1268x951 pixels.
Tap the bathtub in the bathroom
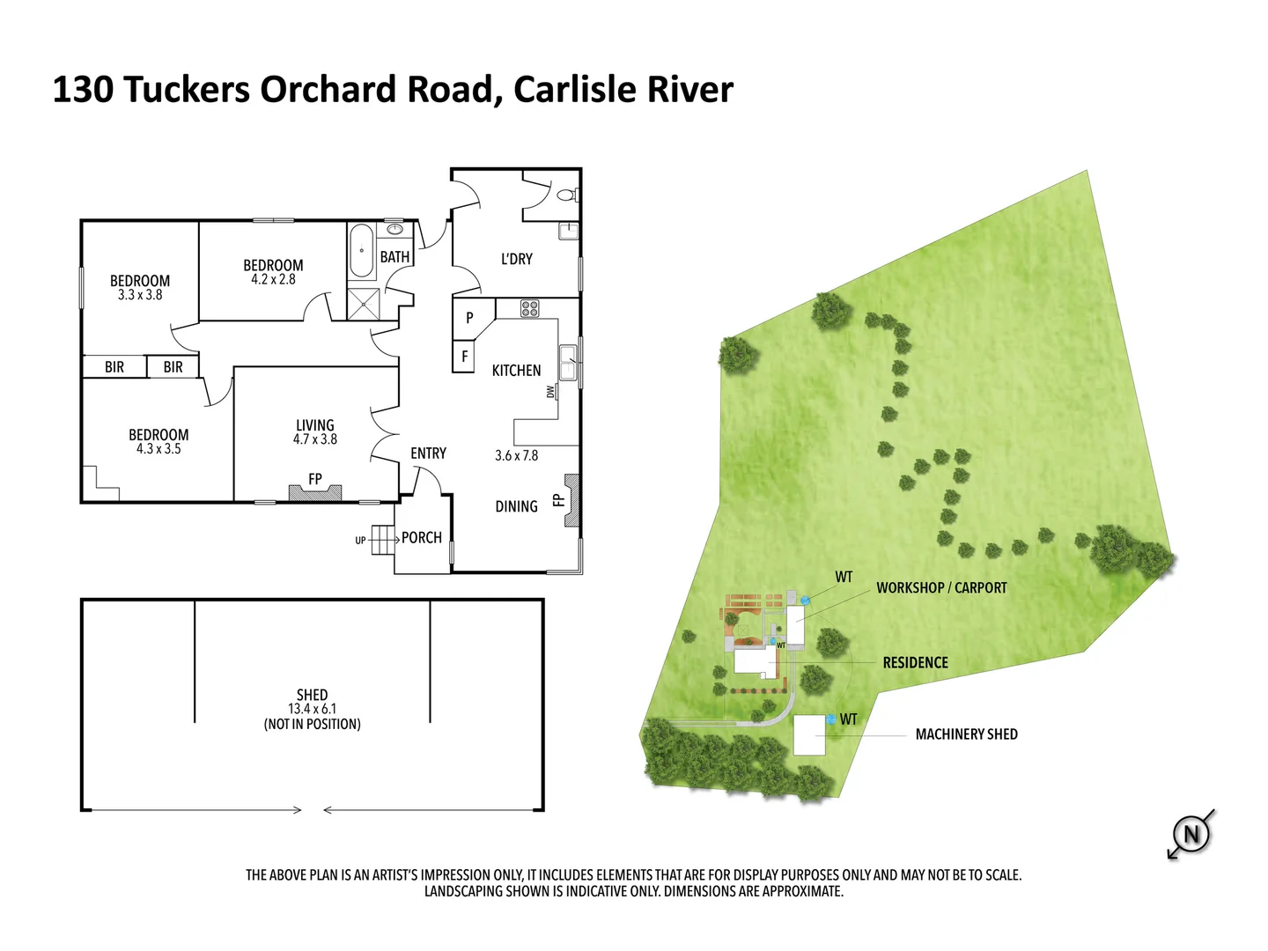tap(361, 251)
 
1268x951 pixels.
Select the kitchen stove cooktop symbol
tap(529, 308)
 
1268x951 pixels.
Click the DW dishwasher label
tap(550, 392)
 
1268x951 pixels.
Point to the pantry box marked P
tap(469, 318)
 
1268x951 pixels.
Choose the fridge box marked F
tap(464, 357)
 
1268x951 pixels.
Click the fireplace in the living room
tap(315, 492)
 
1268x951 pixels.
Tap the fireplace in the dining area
tap(571, 500)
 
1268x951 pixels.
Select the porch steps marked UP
tap(382, 540)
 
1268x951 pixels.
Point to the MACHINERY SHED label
tap(967, 734)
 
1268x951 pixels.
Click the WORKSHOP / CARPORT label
tap(941, 588)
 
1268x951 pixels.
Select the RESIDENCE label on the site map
tap(916, 662)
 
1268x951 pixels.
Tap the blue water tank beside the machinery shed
tap(831, 719)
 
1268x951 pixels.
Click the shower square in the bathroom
tap(364, 304)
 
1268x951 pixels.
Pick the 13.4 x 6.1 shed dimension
tap(312, 709)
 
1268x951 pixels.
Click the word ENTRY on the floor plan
tap(428, 453)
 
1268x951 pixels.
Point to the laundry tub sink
tap(569, 231)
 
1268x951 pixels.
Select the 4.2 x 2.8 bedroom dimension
tap(273, 279)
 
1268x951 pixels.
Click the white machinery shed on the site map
tap(809, 735)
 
